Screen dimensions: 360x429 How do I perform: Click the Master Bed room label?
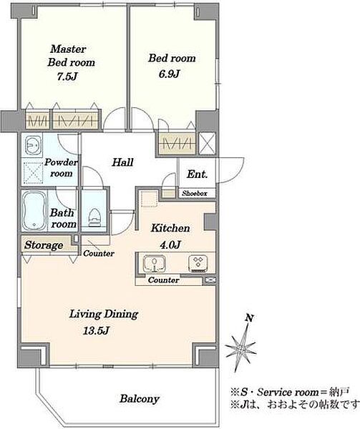[71, 56]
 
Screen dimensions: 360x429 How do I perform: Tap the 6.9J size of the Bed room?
[170, 74]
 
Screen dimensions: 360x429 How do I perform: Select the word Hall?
[122, 162]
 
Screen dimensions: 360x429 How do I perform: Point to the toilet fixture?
[94, 217]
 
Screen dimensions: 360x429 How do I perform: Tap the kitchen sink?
[155, 263]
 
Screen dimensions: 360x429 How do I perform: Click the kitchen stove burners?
[198, 263]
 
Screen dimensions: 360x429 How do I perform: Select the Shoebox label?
[195, 193]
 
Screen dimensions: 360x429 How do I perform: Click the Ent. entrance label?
[197, 174]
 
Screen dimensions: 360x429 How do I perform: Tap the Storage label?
[44, 245]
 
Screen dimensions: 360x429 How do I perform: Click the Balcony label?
[140, 399]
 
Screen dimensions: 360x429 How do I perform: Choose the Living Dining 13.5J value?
[97, 331]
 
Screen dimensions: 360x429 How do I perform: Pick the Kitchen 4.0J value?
[170, 245]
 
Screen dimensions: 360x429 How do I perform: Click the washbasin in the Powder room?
[33, 144]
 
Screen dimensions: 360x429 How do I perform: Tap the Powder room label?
[61, 168]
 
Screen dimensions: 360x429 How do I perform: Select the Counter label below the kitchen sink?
[163, 280]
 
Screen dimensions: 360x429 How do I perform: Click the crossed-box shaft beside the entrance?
[207, 143]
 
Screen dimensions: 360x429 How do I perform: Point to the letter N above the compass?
[249, 318]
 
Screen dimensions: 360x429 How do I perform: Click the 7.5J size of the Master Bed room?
[67, 77]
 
